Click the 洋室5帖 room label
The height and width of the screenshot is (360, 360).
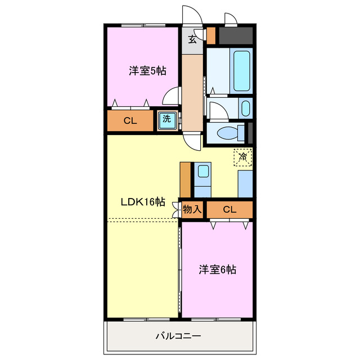(x=147, y=71)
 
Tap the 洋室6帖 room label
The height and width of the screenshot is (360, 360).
(x=217, y=269)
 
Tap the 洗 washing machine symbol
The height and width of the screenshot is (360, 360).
(x=166, y=119)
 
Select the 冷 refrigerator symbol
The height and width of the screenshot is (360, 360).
(x=243, y=157)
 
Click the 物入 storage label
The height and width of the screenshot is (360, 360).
(x=192, y=210)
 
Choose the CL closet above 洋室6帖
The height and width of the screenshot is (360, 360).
(x=229, y=210)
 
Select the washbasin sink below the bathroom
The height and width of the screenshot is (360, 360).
(x=245, y=108)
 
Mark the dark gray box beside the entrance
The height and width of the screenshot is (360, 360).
(x=235, y=37)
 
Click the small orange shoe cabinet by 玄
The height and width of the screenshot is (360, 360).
(x=211, y=36)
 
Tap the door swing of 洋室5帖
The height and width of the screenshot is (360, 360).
(x=171, y=97)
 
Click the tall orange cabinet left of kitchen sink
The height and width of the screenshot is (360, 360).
(x=186, y=179)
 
